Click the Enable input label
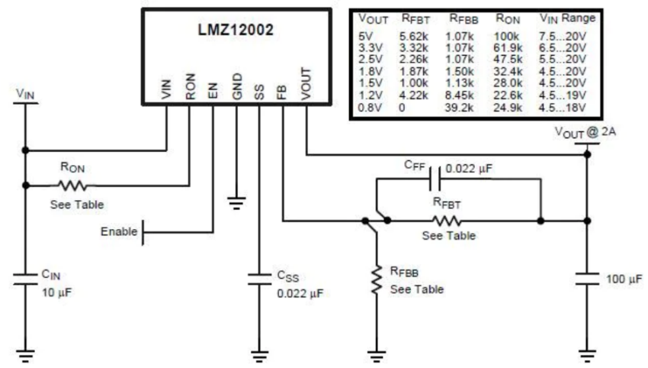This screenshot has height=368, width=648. point(119,231)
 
